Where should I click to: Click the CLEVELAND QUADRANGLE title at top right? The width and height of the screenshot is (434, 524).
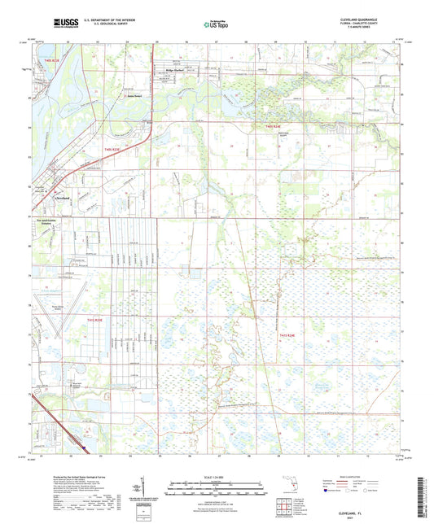coord(373,18)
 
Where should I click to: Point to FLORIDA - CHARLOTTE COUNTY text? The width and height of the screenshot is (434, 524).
coord(373,23)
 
